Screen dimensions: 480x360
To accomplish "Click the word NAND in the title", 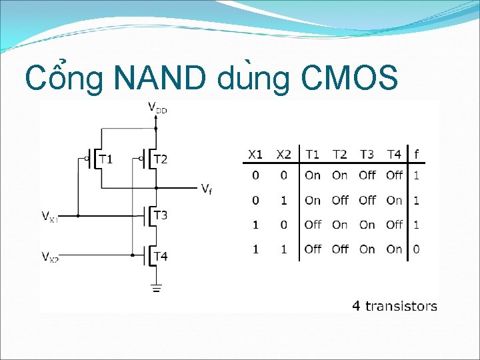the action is [161, 78].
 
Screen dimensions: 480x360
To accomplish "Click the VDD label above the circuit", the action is [157, 107].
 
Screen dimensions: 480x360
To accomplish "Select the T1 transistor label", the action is [106, 159].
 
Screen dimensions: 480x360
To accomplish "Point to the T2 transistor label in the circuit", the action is [160, 159].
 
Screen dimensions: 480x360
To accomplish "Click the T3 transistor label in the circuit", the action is [160, 215].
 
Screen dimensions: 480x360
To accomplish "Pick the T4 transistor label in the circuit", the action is [160, 255].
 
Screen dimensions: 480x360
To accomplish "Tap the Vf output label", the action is [207, 189].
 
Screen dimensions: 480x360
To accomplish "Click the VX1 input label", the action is [50, 216].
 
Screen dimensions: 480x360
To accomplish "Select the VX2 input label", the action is [50, 257].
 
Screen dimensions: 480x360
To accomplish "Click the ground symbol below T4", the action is [155, 288].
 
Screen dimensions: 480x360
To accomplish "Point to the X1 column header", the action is [255, 154].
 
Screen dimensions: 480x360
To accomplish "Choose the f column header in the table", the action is [417, 154].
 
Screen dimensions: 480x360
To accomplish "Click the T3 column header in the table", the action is [367, 154].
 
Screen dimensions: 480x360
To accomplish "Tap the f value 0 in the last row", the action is [417, 249].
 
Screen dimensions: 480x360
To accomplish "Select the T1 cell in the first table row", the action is [312, 175].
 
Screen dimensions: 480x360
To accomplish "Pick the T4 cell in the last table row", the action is [395, 249].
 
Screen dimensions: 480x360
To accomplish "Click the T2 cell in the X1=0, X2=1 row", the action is [340, 200].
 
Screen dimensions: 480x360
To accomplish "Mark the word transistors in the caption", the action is [401, 306].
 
